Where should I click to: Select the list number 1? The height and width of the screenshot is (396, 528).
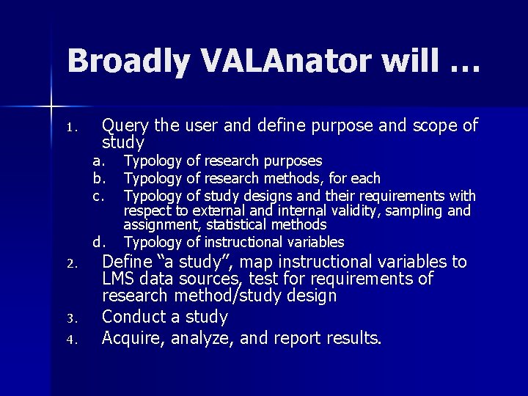click(x=71, y=129)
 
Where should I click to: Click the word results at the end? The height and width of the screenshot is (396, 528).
click(x=355, y=339)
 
